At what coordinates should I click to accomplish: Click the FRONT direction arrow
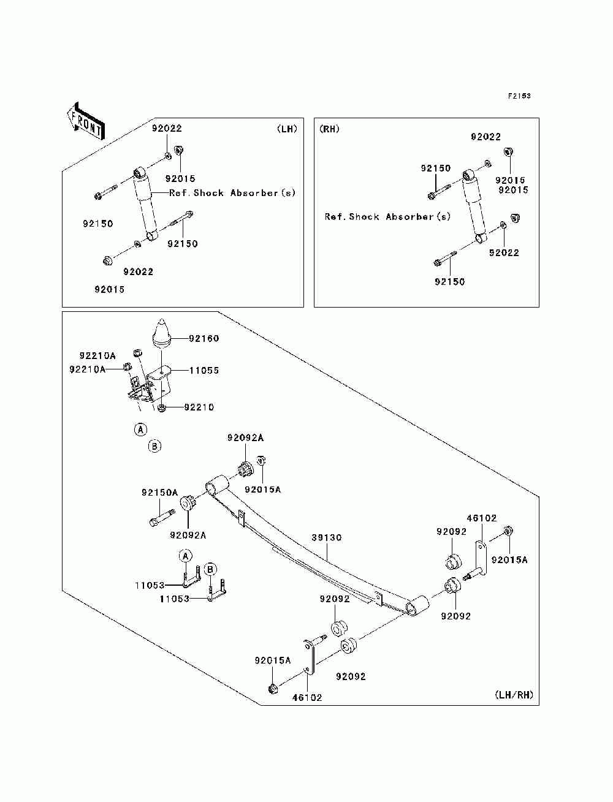coord(86,121)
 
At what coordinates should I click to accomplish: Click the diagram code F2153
coord(519,96)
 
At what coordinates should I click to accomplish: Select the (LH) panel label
coord(287,129)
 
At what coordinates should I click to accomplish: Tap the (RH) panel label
coord(329,129)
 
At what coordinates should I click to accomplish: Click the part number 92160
coord(204,338)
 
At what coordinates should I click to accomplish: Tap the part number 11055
coord(204,371)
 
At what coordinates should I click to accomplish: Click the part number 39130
coord(326,537)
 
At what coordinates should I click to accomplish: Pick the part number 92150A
coord(160,493)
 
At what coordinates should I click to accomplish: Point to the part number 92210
coord(199,407)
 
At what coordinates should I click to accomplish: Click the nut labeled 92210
coord(161,408)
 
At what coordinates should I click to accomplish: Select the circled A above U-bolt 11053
coord(185,556)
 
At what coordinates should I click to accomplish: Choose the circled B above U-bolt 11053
coord(210,569)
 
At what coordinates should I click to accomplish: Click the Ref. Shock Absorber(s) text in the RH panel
coord(387,217)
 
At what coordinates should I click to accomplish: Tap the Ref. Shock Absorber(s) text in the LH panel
coord(232,193)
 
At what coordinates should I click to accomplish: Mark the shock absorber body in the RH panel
coord(474,207)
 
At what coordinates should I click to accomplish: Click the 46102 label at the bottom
coord(307,697)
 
